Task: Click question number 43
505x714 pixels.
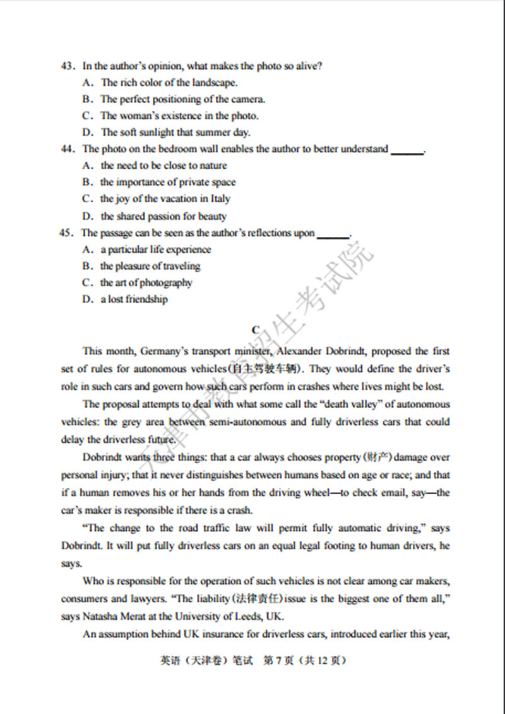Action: click(68, 66)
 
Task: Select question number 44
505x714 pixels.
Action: click(68, 149)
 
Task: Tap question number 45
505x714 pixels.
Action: click(68, 233)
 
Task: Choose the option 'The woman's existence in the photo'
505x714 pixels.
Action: click(179, 116)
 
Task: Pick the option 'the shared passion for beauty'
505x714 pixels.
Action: click(163, 216)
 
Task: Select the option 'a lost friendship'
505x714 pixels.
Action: click(134, 300)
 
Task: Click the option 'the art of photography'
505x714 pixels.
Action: click(146, 283)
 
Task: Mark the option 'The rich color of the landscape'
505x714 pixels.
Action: click(169, 82)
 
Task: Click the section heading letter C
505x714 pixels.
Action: click(255, 330)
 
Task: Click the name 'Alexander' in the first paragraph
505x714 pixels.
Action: click(295, 351)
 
